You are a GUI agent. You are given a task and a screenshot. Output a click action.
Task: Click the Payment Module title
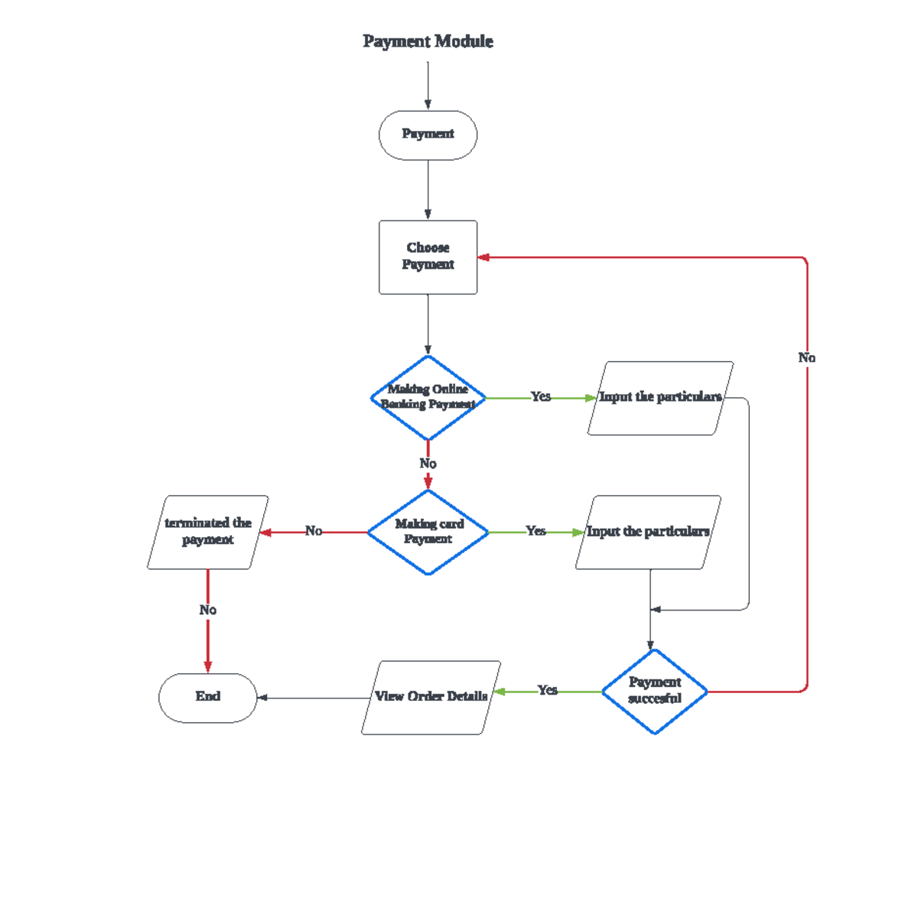(x=428, y=41)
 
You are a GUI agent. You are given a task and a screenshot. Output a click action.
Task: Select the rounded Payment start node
(x=428, y=135)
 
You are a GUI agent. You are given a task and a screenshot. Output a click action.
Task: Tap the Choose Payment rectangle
(x=428, y=257)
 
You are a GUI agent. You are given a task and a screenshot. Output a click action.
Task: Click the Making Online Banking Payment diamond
(x=428, y=398)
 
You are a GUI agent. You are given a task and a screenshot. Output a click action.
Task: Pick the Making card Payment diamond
(x=428, y=532)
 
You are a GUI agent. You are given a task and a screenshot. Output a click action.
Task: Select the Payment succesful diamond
(x=654, y=691)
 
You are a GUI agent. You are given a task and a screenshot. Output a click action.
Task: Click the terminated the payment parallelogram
(x=207, y=532)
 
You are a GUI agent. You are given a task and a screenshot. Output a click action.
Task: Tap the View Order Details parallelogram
(x=431, y=697)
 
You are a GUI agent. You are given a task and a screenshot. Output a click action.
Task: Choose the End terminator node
(x=207, y=697)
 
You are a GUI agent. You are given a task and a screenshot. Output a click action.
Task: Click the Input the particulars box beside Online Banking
(x=660, y=398)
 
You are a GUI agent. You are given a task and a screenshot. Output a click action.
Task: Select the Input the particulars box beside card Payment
(x=648, y=532)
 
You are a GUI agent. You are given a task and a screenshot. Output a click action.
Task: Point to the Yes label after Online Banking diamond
(x=541, y=396)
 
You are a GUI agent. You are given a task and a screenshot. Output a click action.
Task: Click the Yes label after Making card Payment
(x=535, y=531)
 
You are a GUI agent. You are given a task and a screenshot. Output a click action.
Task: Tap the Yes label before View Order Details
(x=547, y=690)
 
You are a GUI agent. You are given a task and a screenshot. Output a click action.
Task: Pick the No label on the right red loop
(x=807, y=357)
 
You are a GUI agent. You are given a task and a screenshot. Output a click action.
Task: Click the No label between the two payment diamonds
(x=428, y=464)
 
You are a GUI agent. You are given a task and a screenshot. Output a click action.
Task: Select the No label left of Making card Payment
(x=314, y=531)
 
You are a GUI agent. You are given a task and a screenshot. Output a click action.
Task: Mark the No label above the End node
(x=207, y=610)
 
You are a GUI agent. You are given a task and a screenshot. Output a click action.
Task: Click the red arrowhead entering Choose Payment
(x=483, y=257)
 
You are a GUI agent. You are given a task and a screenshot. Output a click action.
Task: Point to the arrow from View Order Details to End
(x=314, y=698)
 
